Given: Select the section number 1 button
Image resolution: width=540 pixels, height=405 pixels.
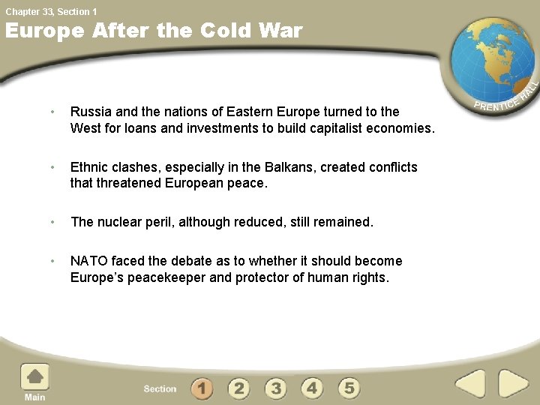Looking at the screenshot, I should (202, 388).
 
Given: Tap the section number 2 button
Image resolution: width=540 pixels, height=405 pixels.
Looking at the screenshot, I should (238, 388).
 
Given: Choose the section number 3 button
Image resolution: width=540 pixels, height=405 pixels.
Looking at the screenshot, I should (275, 388).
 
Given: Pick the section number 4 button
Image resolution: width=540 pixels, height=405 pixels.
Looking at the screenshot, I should (312, 388).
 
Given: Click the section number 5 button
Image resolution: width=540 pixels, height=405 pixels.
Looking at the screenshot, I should (349, 388).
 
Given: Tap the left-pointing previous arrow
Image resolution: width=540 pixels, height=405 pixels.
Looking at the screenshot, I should (470, 385).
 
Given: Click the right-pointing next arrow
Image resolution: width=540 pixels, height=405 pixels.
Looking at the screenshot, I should (514, 385).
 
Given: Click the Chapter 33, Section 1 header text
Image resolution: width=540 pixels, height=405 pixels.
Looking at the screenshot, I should (52, 11).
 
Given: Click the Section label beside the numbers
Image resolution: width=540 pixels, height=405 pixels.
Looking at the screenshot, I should (160, 388).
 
